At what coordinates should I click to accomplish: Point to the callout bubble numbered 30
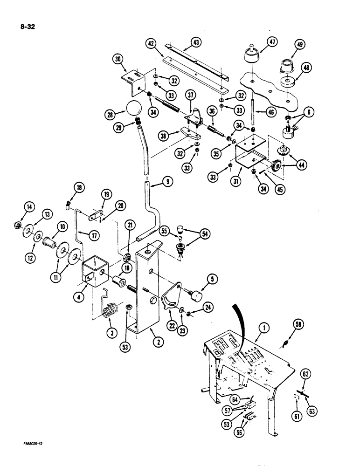pos(118,59)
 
